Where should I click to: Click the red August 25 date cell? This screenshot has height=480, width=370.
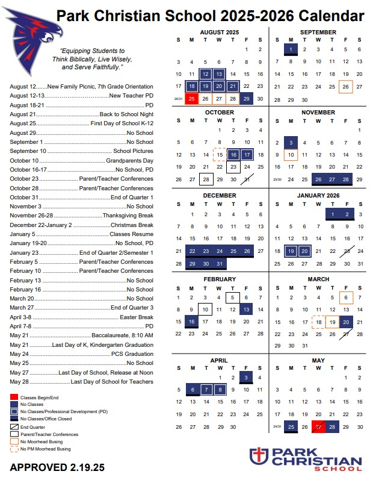pyautogui.click(x=192, y=98)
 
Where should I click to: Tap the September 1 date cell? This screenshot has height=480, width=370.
pyautogui.click(x=290, y=49)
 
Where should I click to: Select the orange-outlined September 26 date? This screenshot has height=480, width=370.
pyautogui.click(x=345, y=86)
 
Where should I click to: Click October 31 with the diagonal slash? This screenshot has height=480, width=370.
pyautogui.click(x=246, y=179)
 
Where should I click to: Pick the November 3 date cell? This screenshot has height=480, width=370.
pyautogui.click(x=290, y=143)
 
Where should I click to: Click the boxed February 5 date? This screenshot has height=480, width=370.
pyautogui.click(x=233, y=298)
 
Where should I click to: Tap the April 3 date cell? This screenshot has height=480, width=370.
pyautogui.click(x=246, y=378)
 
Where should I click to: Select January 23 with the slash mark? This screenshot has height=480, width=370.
pyautogui.click(x=345, y=251)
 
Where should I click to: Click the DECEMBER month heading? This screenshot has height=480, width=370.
pyautogui.click(x=219, y=196)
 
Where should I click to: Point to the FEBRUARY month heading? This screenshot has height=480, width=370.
pyautogui.click(x=219, y=279)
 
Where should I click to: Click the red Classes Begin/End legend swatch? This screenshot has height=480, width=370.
pyautogui.click(x=14, y=398)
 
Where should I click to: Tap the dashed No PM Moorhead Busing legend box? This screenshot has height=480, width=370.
pyautogui.click(x=14, y=449)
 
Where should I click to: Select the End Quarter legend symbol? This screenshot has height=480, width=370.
pyautogui.click(x=14, y=426)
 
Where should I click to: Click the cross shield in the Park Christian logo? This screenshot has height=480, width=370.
pyautogui.click(x=257, y=455)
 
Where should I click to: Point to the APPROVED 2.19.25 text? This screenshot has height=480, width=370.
pyautogui.click(x=57, y=467)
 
